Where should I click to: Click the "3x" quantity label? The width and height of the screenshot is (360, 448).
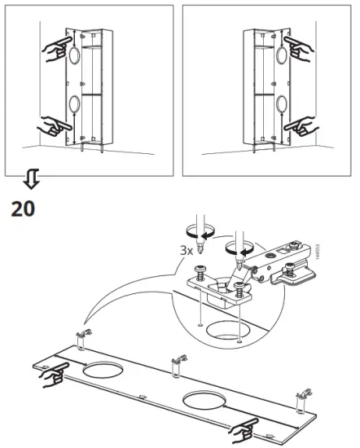[187, 251]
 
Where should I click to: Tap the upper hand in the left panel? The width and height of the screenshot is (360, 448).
[53, 51]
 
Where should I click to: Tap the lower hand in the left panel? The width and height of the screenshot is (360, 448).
[51, 125]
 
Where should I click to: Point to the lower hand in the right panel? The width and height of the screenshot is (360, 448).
[302, 125]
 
